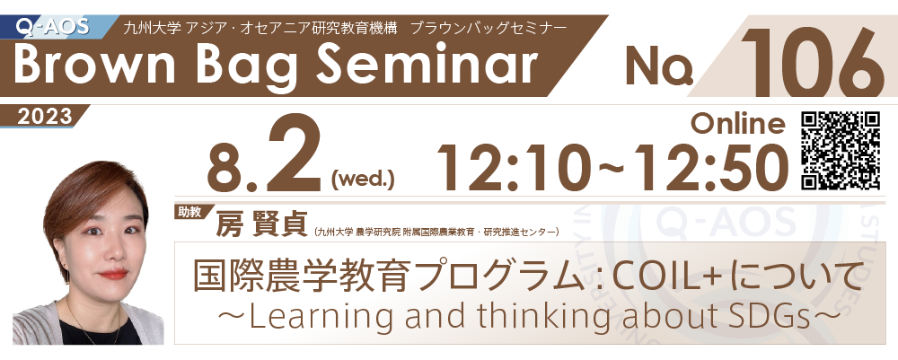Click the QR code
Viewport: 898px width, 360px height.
(841, 151)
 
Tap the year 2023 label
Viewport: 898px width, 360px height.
(44, 117)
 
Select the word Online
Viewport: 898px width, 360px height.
(738, 124)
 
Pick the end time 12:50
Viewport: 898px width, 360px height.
(709, 167)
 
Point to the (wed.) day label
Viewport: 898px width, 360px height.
(363, 180)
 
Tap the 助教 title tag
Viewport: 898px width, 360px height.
(189, 212)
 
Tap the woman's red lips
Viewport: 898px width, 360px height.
(113, 274)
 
